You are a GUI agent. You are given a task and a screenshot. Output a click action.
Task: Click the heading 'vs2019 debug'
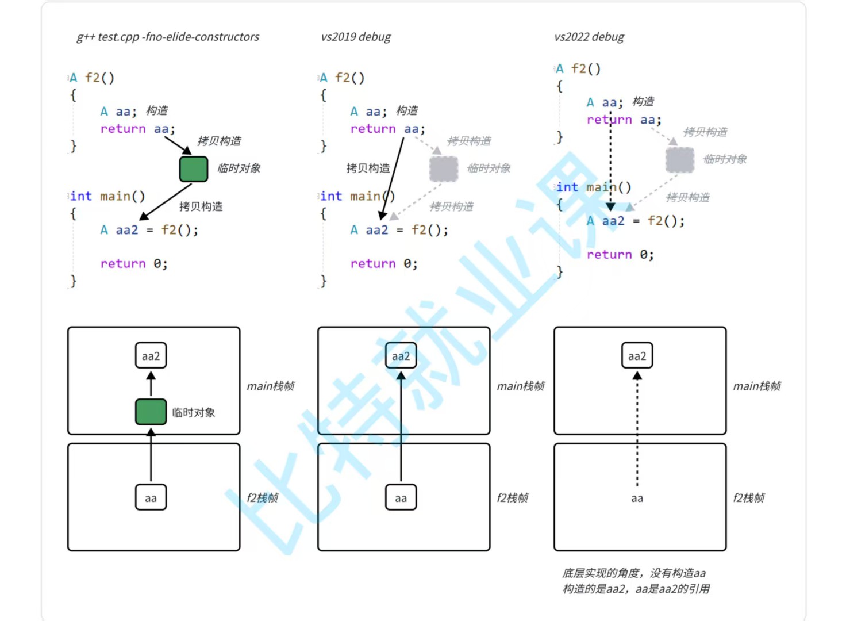[356, 37]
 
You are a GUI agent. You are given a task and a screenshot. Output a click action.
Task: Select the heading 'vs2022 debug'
[589, 37]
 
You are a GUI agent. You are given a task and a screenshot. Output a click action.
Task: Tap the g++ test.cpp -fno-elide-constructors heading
[168, 37]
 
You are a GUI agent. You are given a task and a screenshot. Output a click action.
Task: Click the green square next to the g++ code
[194, 169]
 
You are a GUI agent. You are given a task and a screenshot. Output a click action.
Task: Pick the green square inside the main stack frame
[151, 412]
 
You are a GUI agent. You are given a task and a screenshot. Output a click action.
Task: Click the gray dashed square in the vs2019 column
[444, 168]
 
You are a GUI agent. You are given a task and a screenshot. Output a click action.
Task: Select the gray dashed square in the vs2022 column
[680, 160]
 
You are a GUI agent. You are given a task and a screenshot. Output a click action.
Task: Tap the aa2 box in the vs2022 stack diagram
[637, 356]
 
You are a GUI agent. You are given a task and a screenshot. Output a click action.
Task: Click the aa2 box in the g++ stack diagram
[151, 356]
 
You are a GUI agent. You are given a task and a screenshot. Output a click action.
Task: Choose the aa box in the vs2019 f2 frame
[401, 498]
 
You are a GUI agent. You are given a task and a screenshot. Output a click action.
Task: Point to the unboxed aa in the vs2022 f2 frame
[637, 499]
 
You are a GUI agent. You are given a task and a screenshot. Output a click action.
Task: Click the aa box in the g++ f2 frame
[151, 498]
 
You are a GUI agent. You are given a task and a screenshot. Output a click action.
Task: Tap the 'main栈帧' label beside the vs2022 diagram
[757, 386]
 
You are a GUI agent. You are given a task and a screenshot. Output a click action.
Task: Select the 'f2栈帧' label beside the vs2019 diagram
[513, 498]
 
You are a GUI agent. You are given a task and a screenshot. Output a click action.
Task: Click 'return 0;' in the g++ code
[134, 264]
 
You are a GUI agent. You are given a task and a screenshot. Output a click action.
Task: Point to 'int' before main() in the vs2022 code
[567, 187]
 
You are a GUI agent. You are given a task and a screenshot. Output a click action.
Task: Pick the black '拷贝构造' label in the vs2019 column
[368, 168]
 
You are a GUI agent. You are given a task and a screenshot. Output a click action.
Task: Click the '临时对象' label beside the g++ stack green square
[194, 412]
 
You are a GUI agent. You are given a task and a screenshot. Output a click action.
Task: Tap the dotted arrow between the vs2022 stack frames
[637, 431]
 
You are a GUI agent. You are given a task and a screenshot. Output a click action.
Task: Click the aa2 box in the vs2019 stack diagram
[401, 356]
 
